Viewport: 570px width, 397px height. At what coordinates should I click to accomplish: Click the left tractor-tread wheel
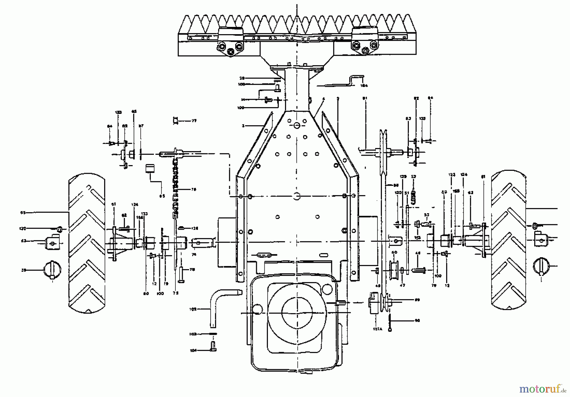tap(87, 243)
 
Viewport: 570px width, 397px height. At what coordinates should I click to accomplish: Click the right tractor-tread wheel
tap(509, 240)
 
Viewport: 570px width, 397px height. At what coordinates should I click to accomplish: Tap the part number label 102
tap(193, 309)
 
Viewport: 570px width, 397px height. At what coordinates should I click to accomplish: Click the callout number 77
tap(194, 121)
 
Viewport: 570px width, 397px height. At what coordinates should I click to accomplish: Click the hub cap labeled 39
tap(52, 270)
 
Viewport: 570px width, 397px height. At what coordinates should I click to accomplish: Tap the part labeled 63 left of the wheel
tap(53, 242)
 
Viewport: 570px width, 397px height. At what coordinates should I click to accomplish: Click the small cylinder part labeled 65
tap(149, 168)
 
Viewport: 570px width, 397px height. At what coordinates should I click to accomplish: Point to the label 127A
tap(377, 329)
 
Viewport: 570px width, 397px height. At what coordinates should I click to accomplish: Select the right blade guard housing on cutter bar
tap(365, 40)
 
